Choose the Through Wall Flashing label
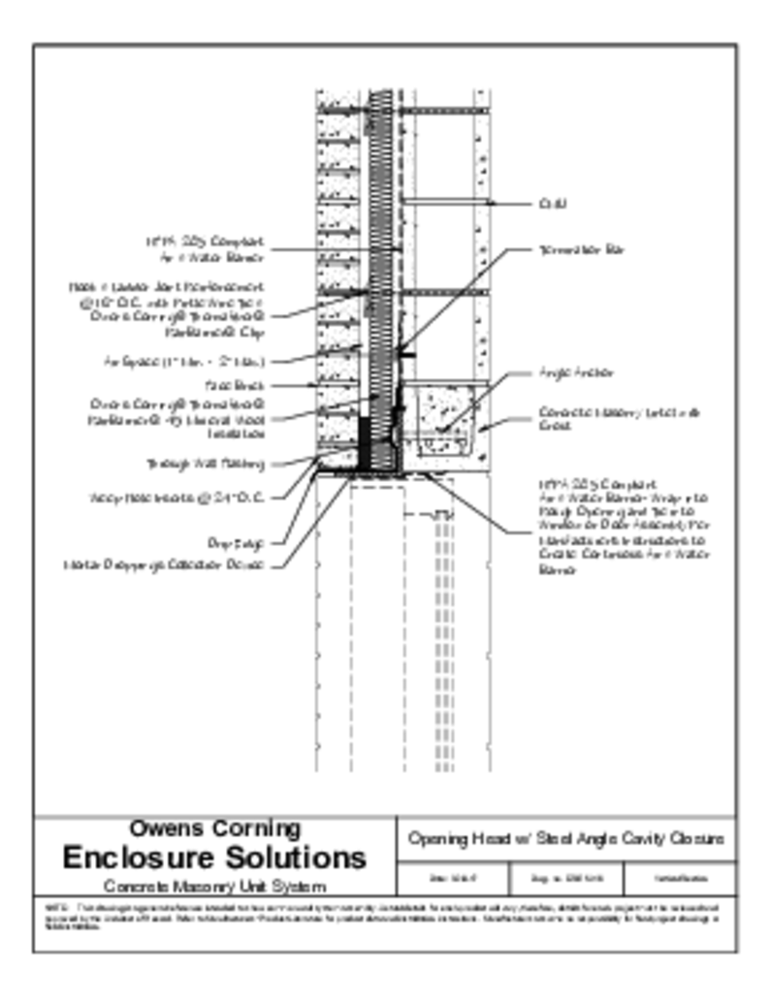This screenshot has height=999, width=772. click(x=205, y=463)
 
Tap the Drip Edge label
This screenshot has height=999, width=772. click(x=229, y=542)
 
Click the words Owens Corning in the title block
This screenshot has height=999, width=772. click(x=214, y=829)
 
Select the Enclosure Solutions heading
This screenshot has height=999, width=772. click(x=214, y=857)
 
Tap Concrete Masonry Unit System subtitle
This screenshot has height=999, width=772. click(x=214, y=886)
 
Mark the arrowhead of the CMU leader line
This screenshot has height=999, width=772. click(x=492, y=204)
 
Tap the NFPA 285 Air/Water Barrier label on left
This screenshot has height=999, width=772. click(x=206, y=249)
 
